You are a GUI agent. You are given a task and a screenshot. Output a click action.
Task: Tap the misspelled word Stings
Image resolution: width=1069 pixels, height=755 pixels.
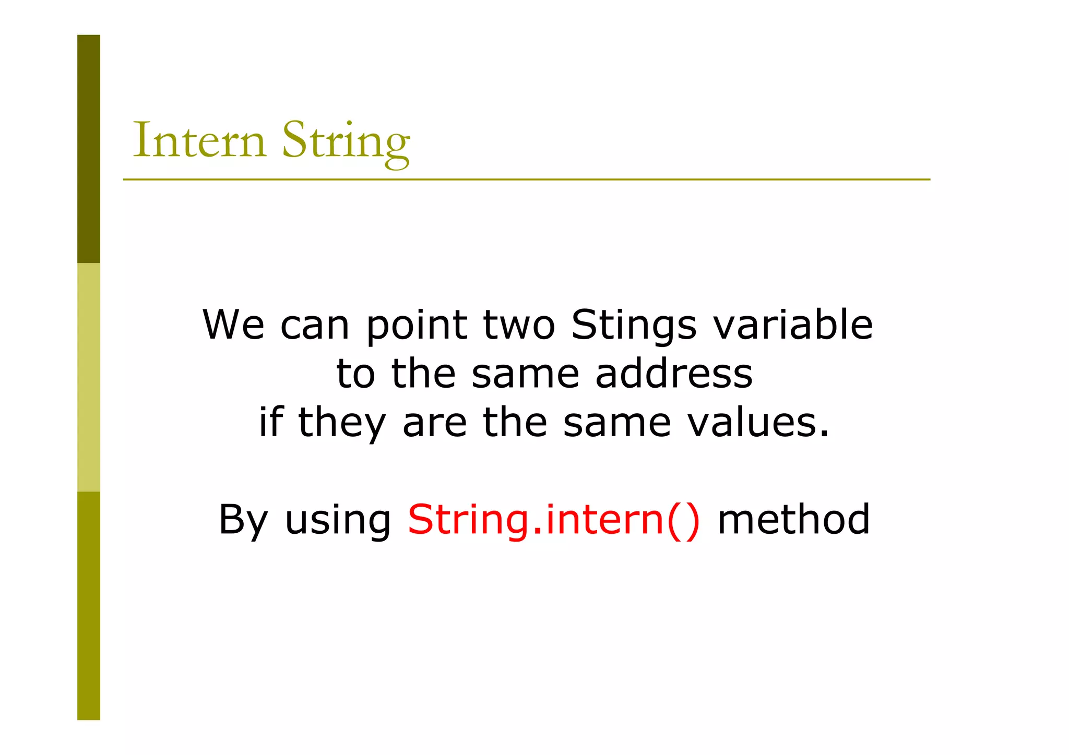634,325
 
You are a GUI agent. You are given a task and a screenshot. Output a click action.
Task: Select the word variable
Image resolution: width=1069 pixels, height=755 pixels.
792,325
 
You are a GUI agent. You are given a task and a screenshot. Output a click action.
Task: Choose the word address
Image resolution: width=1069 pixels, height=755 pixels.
674,374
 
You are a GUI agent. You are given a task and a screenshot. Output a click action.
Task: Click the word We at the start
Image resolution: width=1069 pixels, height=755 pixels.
233,325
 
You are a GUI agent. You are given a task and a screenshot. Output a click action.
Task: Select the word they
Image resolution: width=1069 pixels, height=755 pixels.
341,424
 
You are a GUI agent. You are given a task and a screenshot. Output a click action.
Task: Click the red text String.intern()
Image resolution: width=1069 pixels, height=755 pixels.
553,520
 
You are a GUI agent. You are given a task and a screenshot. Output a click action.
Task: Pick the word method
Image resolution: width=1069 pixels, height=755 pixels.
793,520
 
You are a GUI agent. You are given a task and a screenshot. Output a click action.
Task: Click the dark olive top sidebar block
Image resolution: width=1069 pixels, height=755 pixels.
89,149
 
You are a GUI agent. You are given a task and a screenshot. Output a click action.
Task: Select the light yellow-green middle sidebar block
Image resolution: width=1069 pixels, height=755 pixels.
89,377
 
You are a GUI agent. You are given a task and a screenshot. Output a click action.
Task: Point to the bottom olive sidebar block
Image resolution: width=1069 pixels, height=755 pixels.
89,605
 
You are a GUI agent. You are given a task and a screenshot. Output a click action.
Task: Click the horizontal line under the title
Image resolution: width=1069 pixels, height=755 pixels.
526,179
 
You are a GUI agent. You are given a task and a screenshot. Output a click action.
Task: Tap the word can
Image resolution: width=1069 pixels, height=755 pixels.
314,325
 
